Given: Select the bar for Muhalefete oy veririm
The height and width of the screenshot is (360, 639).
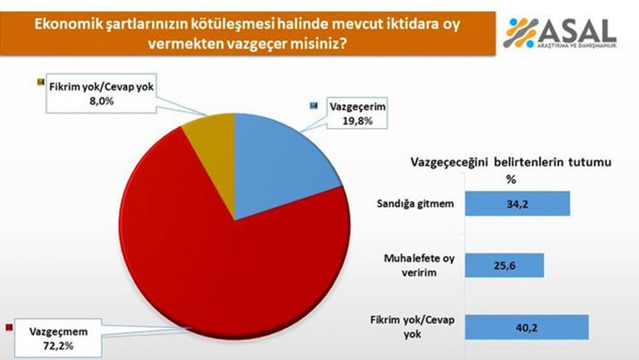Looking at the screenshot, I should [507, 265].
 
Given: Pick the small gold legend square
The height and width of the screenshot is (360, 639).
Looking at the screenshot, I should [40, 83].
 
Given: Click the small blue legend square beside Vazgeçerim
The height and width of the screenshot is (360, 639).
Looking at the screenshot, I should [313, 105].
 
